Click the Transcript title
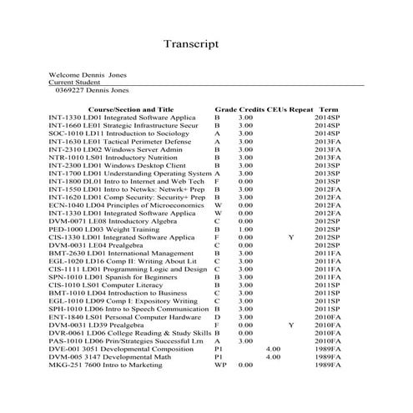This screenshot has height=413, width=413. [x=191, y=43]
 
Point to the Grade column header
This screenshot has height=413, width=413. [x=225, y=109]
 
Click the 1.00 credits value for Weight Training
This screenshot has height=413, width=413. [x=245, y=229]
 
